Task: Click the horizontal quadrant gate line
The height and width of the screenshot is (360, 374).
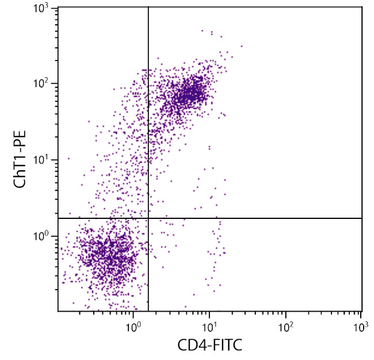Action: [x=259, y=218]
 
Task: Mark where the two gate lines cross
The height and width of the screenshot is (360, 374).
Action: [x=148, y=218]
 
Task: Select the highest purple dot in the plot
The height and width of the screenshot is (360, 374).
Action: [x=202, y=31]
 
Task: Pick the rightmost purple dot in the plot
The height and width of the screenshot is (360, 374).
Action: [x=242, y=46]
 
